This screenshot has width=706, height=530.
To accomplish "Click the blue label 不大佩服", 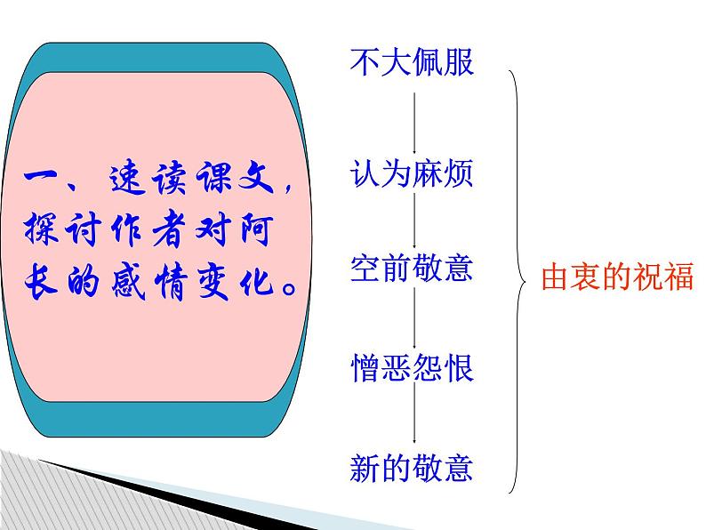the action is (x=412, y=61).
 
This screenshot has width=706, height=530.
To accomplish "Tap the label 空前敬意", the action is (x=412, y=268).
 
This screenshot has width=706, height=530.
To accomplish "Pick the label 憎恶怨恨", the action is (x=412, y=368).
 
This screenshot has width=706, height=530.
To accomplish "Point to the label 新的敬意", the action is (x=412, y=468).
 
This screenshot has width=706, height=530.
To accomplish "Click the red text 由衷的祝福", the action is (x=617, y=277).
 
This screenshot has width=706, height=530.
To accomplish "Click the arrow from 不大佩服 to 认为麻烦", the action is (x=414, y=124).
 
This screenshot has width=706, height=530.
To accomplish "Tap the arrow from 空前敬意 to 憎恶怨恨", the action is (x=414, y=318).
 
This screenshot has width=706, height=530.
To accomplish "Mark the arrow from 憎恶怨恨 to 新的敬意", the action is (x=414, y=414).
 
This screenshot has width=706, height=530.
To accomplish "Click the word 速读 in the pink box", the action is (x=148, y=178).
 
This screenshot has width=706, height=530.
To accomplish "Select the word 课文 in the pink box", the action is (x=235, y=178).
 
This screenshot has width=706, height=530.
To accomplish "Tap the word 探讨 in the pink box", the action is (x=60, y=229).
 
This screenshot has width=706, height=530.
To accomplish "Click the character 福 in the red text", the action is (x=679, y=277).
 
